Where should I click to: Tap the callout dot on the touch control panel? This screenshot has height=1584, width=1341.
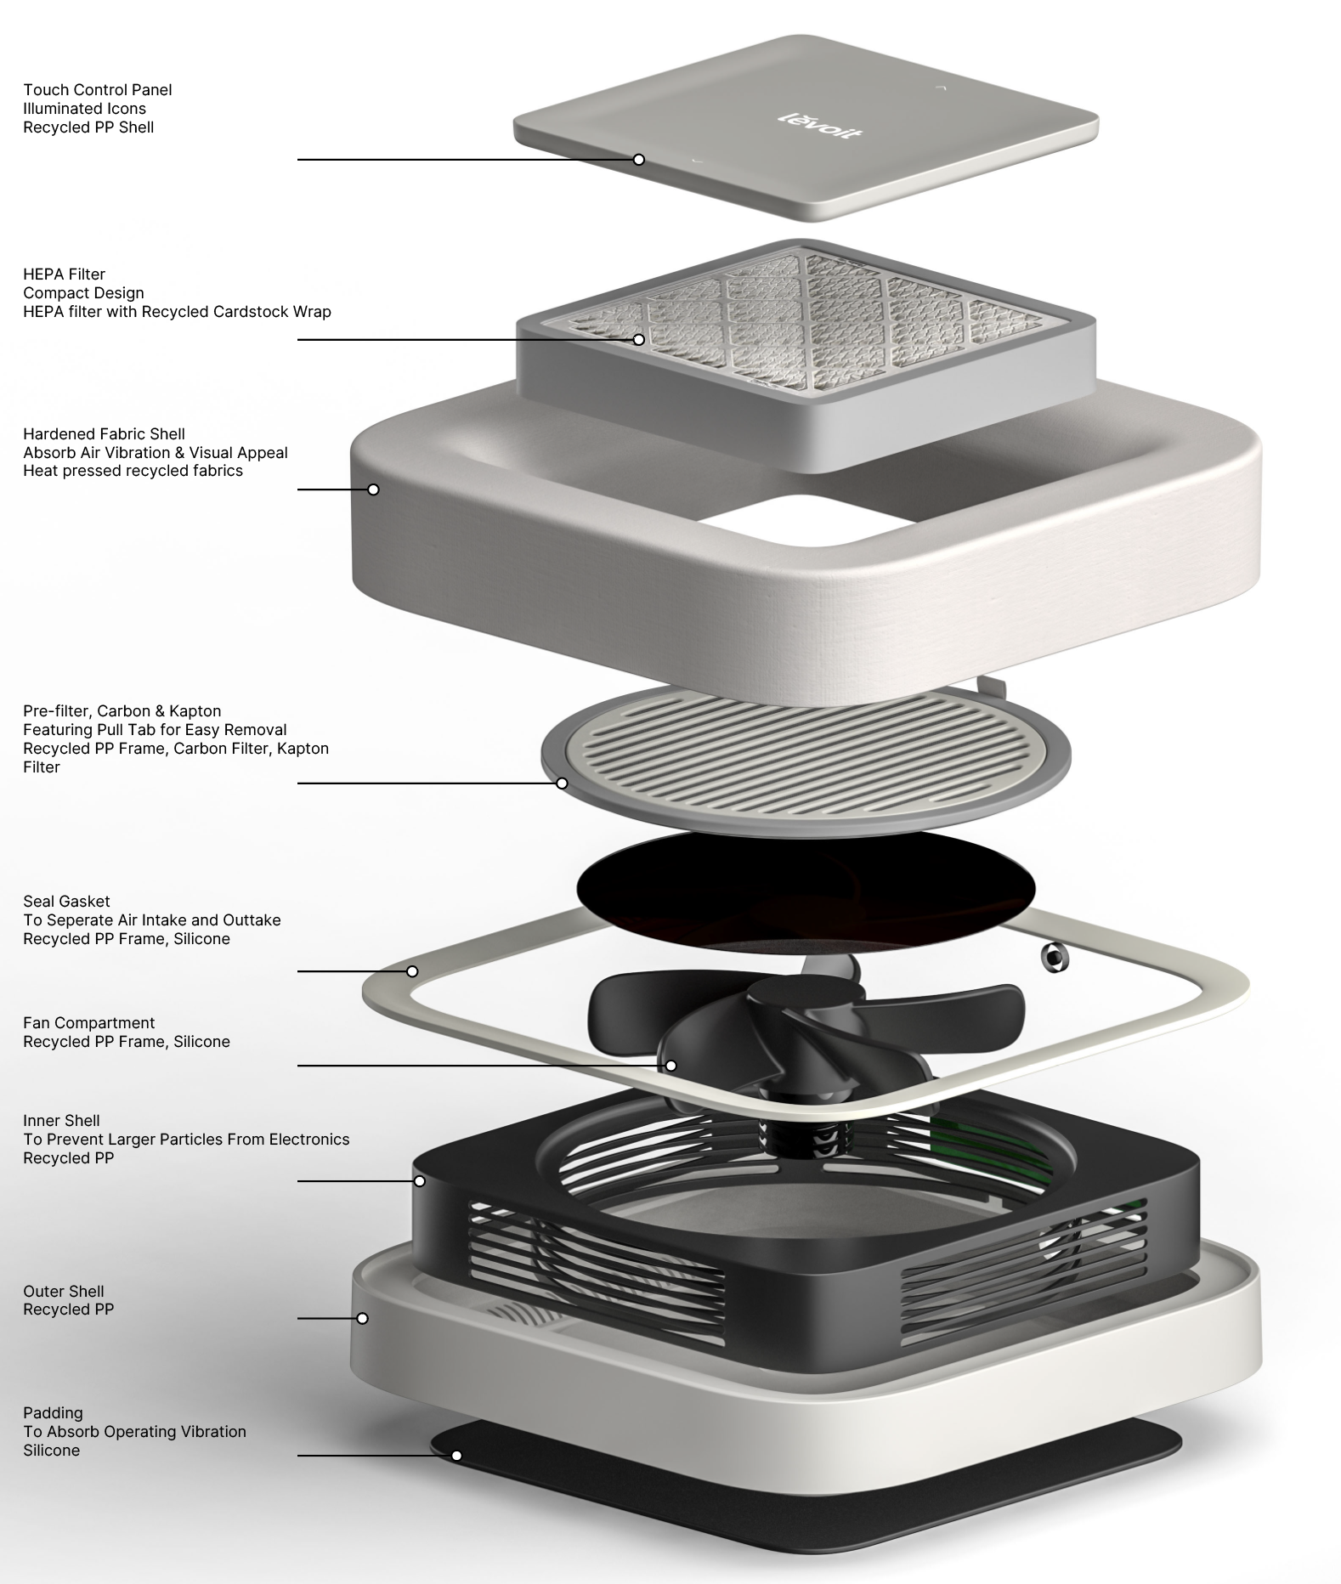tap(639, 160)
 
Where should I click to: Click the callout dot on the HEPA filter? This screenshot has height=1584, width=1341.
tap(638, 340)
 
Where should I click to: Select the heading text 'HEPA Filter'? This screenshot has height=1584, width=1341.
tap(64, 274)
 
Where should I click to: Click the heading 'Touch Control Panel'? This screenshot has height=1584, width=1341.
tap(97, 90)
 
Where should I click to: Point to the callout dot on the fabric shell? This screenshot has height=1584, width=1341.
tap(373, 489)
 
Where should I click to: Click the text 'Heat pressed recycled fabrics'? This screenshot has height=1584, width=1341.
tap(133, 472)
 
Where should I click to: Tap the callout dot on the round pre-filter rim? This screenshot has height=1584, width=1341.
tap(562, 784)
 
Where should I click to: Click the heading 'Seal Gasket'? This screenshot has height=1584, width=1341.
tap(66, 902)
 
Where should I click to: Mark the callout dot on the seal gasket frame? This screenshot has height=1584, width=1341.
tap(412, 971)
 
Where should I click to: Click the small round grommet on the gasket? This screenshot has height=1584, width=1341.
tap(1055, 957)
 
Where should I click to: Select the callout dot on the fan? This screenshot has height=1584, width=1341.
tap(670, 1066)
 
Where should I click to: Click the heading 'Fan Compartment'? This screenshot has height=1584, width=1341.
tap(88, 1023)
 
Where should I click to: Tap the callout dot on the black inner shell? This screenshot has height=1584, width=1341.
tap(420, 1181)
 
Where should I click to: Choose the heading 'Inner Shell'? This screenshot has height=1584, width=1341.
tap(61, 1121)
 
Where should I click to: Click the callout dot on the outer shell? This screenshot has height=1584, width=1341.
tap(363, 1318)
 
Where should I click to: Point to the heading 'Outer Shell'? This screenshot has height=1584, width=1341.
tap(64, 1292)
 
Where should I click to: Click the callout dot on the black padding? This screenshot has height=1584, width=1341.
tap(456, 1456)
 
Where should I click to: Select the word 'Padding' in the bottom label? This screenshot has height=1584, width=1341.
tap(53, 1414)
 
